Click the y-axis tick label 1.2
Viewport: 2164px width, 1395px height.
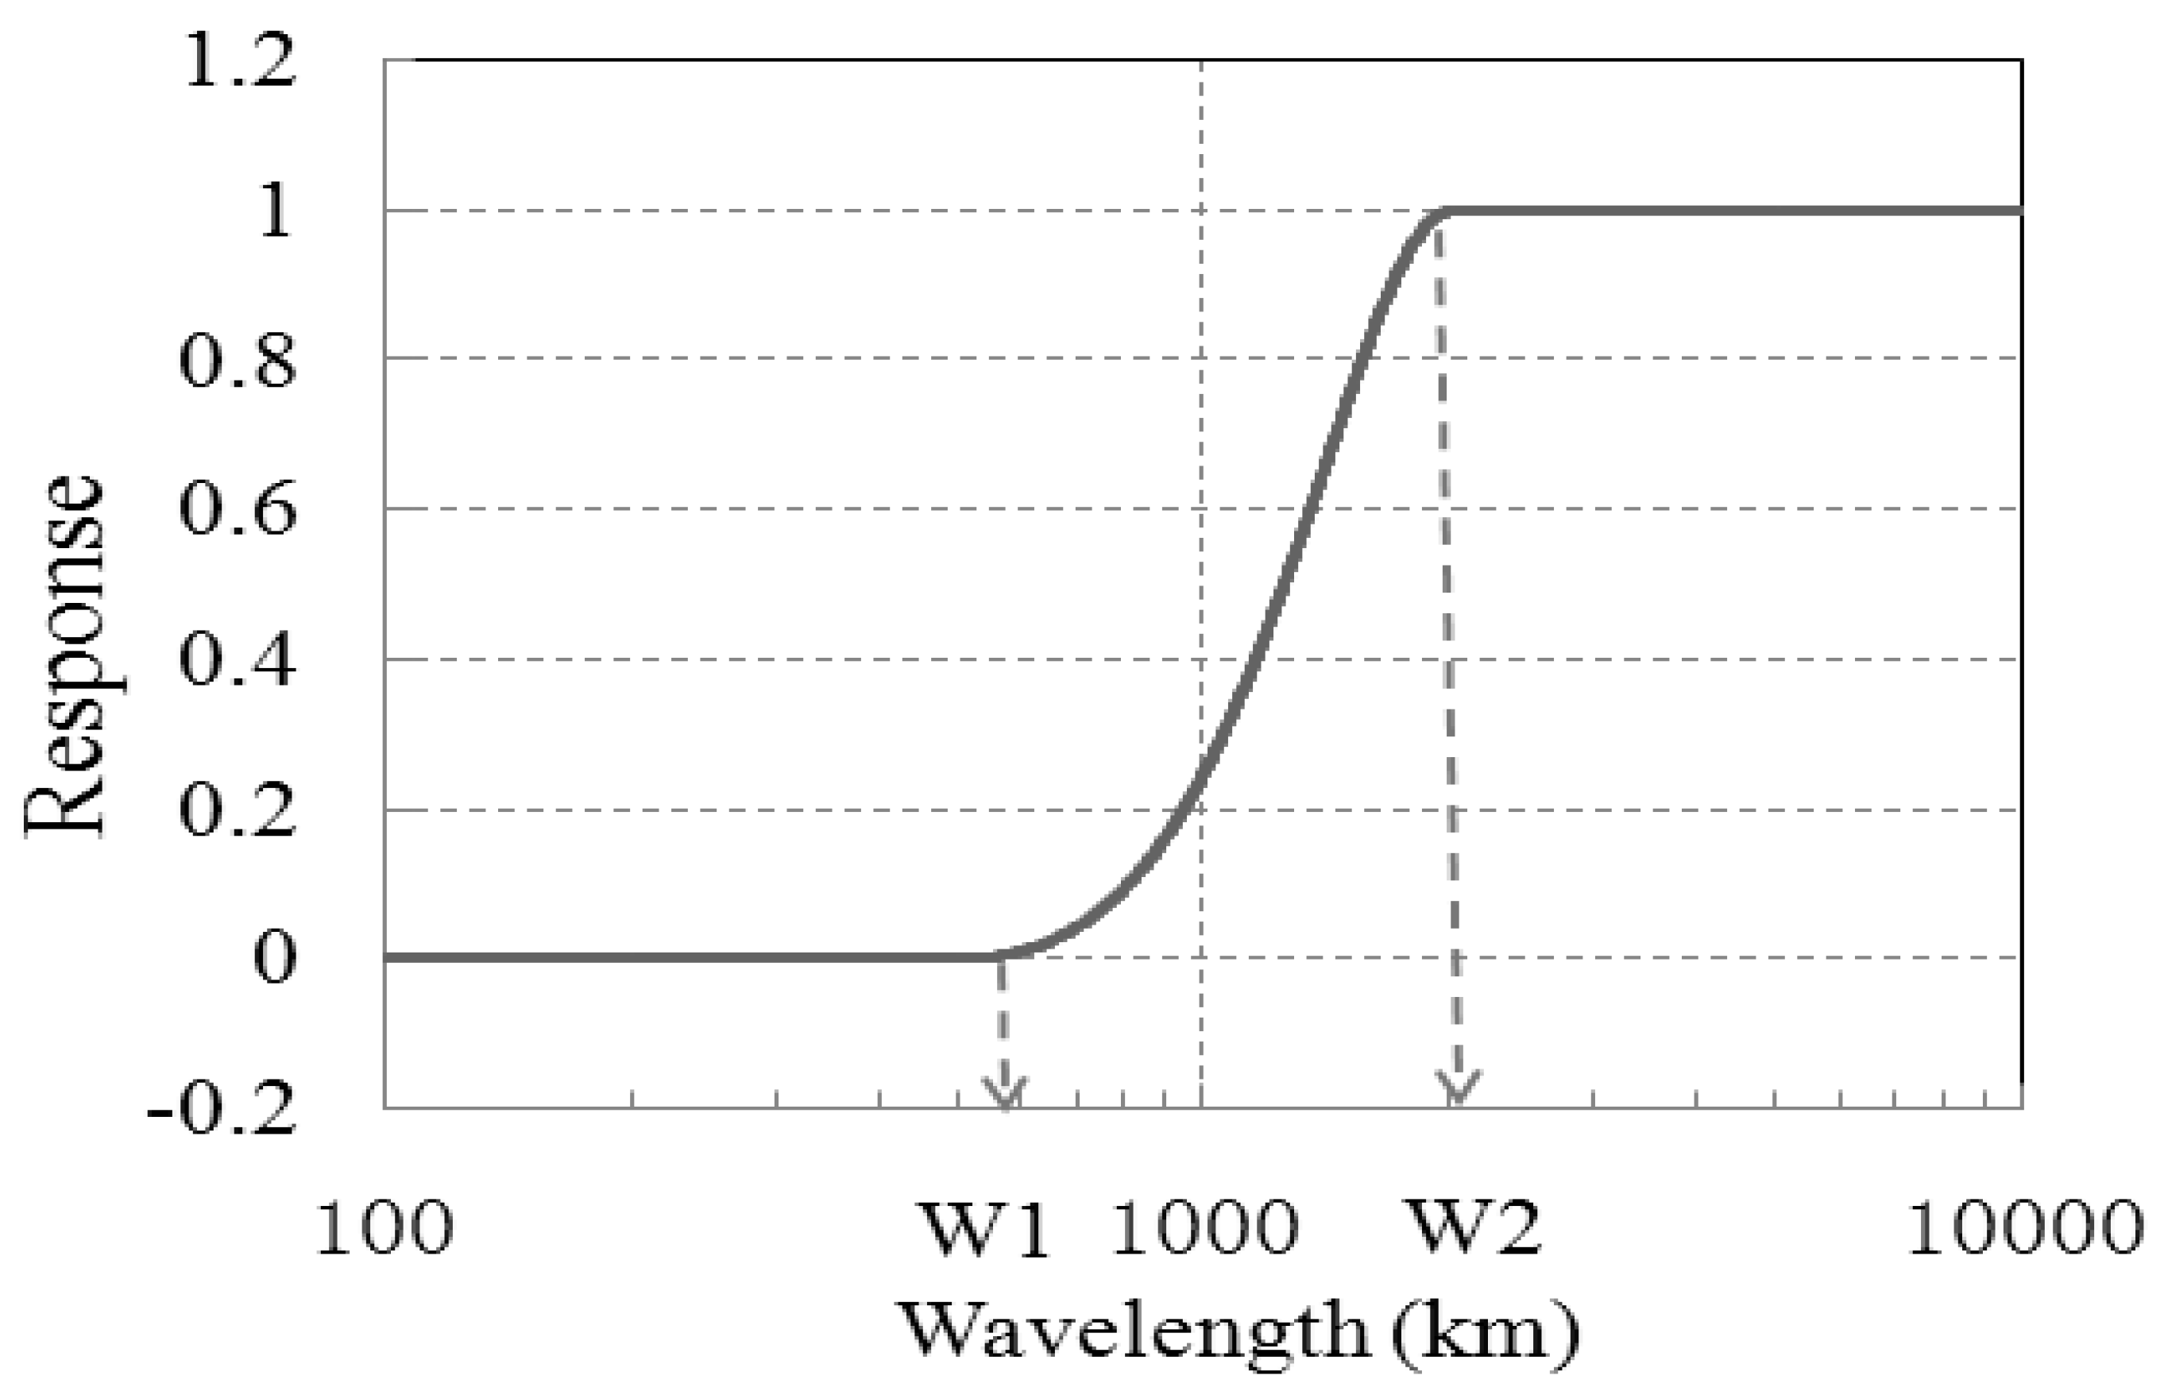pos(240,64)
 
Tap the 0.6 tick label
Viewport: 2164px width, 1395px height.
pos(238,510)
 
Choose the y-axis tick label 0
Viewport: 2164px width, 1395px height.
pos(274,957)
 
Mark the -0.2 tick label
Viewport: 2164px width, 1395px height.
pos(222,1110)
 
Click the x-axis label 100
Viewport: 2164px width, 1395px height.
pos(384,1228)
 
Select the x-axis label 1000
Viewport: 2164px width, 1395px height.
pos(1204,1228)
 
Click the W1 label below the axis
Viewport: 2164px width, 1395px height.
pos(984,1228)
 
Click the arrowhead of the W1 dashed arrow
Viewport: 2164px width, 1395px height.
pos(1006,1096)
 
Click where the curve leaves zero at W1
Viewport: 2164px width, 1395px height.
pos(999,956)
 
